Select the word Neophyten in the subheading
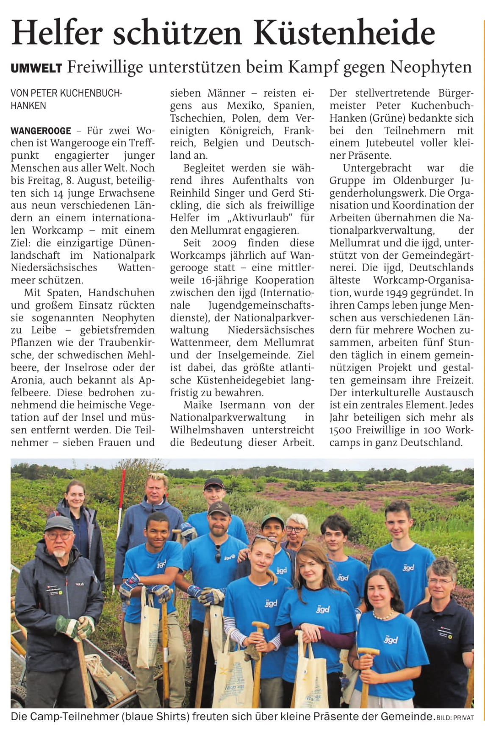click(431, 67)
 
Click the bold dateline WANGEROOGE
click(41, 131)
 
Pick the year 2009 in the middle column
click(224, 243)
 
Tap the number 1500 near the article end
click(341, 430)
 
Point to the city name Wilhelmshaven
click(207, 430)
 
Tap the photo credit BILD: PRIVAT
click(455, 718)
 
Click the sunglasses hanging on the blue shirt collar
click(218, 553)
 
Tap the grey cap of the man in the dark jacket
click(59, 524)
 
